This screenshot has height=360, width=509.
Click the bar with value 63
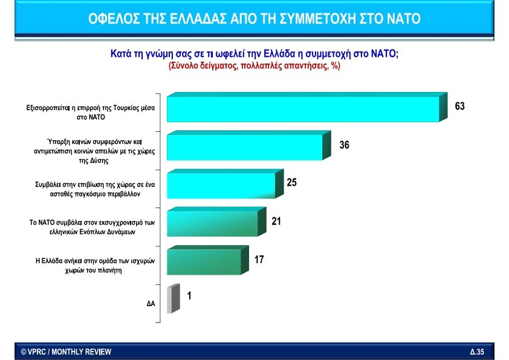point(302,109)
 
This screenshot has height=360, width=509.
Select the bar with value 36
point(244,147)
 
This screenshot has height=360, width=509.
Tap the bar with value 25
point(221,185)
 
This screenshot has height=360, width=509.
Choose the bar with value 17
point(204,261)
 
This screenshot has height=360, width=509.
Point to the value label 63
point(460,106)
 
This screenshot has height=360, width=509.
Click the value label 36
point(345,145)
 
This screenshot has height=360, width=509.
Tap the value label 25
point(291,182)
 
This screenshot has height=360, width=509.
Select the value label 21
point(276,221)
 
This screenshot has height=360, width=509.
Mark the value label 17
point(259,260)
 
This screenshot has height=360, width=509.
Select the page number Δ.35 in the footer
point(477,352)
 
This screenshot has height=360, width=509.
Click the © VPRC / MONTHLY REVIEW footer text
point(66,352)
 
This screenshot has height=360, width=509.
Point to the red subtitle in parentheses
point(254,66)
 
